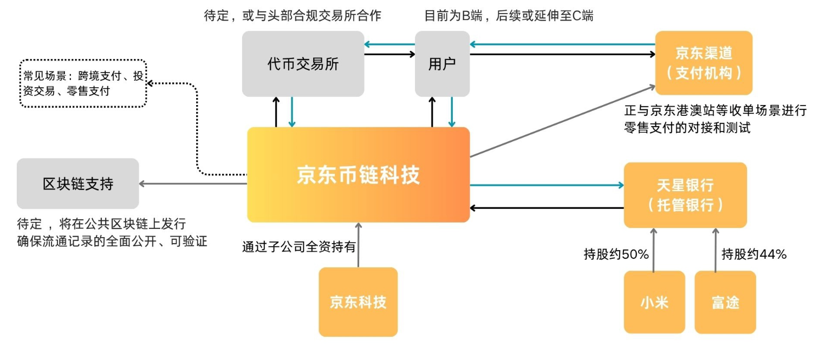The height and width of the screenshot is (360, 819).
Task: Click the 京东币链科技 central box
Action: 358,174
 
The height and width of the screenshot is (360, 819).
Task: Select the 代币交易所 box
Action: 303,64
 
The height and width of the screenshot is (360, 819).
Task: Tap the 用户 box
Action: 442,64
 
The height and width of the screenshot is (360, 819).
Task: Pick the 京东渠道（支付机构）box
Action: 704,63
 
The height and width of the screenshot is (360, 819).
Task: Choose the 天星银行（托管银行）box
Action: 685,195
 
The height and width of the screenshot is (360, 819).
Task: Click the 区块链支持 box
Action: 77,184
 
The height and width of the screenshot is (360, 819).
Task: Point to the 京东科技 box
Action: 358,302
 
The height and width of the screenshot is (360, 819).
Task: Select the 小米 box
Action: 654,302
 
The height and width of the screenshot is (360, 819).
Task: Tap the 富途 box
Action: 725,302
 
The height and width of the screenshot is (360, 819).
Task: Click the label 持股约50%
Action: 616,254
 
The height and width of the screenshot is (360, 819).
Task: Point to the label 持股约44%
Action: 754,254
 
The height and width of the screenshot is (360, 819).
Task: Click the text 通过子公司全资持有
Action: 298,247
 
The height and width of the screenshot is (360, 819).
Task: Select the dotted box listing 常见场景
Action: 83,83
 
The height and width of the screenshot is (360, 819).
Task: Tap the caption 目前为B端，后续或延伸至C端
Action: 509,16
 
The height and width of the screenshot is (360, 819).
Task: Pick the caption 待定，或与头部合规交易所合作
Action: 292,16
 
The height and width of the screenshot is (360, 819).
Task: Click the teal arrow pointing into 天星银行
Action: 547,185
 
